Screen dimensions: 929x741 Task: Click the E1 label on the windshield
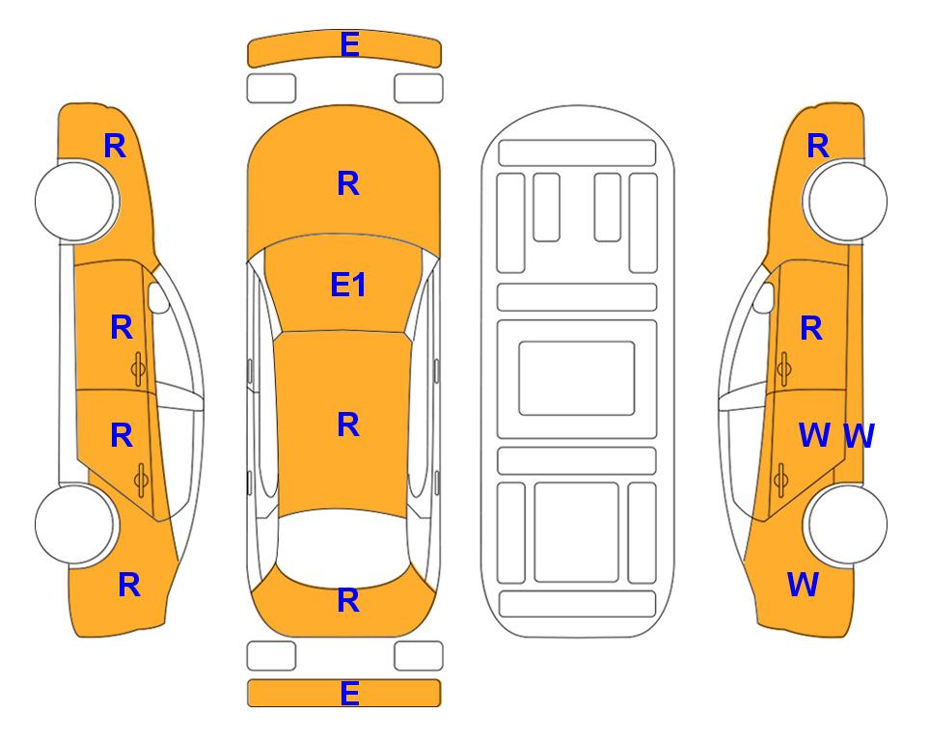(x=348, y=285)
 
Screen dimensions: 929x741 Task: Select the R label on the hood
(x=348, y=183)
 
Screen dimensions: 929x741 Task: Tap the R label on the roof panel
(x=348, y=425)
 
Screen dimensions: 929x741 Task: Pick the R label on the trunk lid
(x=348, y=600)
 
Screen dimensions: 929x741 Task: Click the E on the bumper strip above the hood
(x=349, y=44)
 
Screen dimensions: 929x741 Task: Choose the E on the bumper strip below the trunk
(x=349, y=693)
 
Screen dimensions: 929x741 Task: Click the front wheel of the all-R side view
(x=75, y=202)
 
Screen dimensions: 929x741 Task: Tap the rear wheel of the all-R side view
(x=75, y=524)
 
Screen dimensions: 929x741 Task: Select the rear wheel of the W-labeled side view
(x=847, y=524)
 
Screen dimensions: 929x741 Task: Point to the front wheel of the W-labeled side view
(x=847, y=202)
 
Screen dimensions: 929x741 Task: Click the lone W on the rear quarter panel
(x=803, y=585)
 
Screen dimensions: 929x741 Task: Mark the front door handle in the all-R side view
(x=139, y=369)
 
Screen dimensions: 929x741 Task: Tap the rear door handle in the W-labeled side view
(x=781, y=480)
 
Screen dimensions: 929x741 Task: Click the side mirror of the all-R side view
(x=157, y=297)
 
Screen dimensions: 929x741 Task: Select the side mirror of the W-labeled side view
(x=764, y=297)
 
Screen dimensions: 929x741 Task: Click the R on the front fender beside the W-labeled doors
(x=818, y=146)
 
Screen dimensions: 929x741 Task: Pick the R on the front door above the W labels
(x=811, y=328)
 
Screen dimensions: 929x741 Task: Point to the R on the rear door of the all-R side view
(x=122, y=435)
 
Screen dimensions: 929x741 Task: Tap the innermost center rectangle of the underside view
(x=577, y=378)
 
